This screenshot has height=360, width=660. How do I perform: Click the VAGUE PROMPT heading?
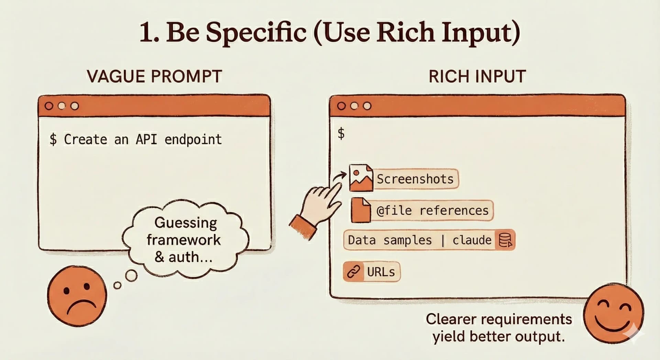tap(154, 76)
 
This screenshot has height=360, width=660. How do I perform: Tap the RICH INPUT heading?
tap(477, 76)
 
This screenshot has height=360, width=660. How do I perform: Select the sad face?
tap(77, 296)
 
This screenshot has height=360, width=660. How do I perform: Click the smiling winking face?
tap(614, 313)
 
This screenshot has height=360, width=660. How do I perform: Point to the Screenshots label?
tap(415, 179)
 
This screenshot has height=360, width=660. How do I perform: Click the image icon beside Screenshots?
tap(361, 178)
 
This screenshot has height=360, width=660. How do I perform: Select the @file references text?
tap(432, 210)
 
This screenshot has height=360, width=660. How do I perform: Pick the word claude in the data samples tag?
tap(472, 240)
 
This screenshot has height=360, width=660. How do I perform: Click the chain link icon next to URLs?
tap(353, 272)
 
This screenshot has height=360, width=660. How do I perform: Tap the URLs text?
tap(381, 272)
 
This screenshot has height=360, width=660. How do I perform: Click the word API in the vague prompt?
tap(146, 140)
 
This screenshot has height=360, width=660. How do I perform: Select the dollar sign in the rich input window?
tap(341, 133)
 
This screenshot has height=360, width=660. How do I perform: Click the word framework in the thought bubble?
tap(184, 240)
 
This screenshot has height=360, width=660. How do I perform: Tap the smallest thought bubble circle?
tap(117, 285)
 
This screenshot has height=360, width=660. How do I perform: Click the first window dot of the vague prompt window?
tap(49, 106)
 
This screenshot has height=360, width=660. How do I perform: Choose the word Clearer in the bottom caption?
tap(451, 319)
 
